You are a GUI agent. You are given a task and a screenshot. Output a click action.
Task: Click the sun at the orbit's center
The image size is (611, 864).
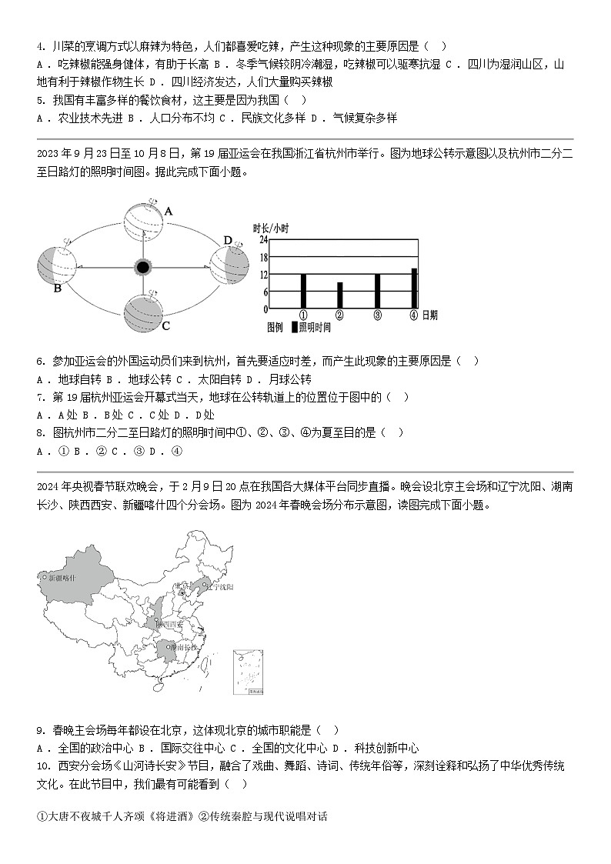coord(142,267)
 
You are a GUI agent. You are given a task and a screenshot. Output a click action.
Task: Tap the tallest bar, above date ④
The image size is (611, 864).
coord(414,289)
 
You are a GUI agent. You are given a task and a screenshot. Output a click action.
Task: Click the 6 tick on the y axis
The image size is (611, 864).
coord(265,292)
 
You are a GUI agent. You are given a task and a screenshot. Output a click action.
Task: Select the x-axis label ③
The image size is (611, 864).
coord(377,315)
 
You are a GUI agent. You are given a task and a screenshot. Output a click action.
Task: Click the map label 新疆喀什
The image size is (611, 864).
coord(62,577)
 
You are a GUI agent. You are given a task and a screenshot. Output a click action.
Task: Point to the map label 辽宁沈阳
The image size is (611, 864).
coord(219,587)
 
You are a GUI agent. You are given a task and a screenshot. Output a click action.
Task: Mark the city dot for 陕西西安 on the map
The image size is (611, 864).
coord(156,624)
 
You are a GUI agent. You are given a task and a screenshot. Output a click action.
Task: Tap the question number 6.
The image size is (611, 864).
coord(39,361)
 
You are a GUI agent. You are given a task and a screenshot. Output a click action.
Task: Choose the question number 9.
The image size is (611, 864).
coord(39,729)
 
